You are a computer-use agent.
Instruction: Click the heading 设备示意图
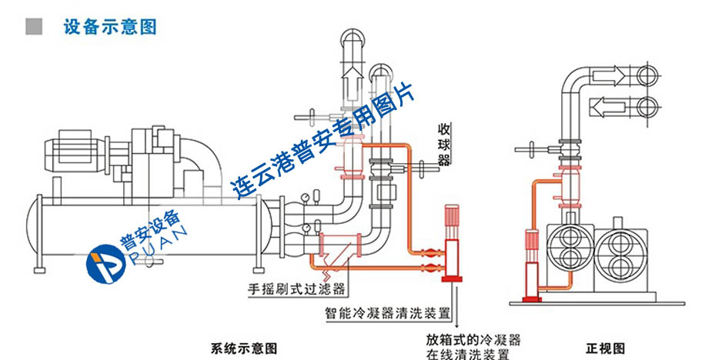(x=111, y=28)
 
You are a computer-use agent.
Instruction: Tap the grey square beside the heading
(x=34, y=28)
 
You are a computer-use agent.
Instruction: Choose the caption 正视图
(x=600, y=348)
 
